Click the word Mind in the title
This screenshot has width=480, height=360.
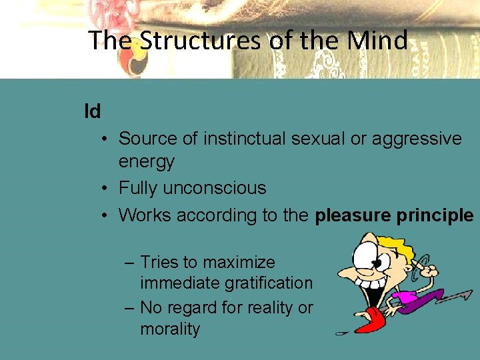click(377, 41)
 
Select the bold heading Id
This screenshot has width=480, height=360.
click(93, 111)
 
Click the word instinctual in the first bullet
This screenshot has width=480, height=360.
click(247, 139)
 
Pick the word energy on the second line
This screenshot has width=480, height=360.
click(146, 161)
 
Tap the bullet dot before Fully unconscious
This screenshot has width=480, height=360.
click(105, 189)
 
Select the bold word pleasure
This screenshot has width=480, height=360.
click(351, 215)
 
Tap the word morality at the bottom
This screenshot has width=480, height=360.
click(170, 329)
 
